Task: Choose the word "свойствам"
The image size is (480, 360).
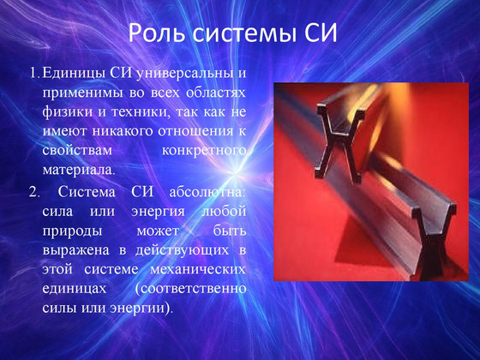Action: click(x=74, y=150)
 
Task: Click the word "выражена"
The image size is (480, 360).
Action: click(x=73, y=249)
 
